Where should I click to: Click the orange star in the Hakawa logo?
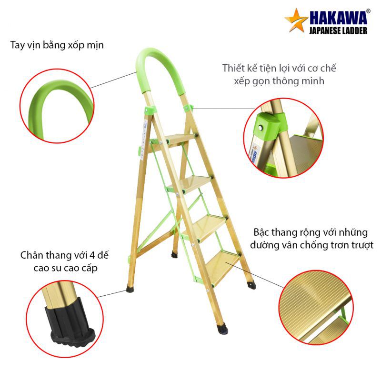point(295,20)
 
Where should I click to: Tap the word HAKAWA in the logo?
point(338,18)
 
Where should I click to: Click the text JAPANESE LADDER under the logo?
point(338,30)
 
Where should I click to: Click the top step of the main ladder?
point(180,139)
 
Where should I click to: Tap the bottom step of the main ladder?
point(222,267)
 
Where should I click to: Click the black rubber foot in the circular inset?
point(70,323)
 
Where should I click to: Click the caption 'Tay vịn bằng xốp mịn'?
point(57,45)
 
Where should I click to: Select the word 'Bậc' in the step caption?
point(261,232)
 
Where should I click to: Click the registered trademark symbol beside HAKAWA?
point(368,11)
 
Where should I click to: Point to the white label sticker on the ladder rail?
point(144,140)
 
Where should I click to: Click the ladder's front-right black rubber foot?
point(222,328)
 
